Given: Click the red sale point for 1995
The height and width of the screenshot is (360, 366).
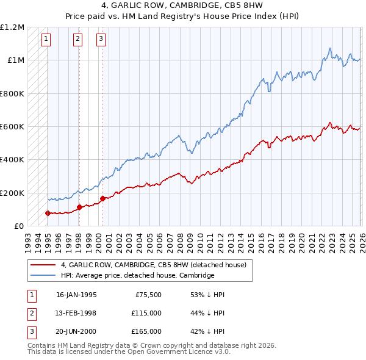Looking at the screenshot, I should point(48,213).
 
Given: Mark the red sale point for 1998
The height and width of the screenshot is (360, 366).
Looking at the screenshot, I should point(79,207).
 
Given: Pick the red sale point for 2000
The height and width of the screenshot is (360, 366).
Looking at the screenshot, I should point(102,198).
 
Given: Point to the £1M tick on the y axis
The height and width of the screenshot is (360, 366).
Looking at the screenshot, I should point(16,60).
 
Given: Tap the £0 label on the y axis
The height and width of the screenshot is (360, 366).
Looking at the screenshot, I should point(19,226).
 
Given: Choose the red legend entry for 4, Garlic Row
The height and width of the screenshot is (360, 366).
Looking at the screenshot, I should point(153,265).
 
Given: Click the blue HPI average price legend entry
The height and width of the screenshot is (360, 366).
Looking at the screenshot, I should point(137,276).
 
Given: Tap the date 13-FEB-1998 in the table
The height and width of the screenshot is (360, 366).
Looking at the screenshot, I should point(76,313).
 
